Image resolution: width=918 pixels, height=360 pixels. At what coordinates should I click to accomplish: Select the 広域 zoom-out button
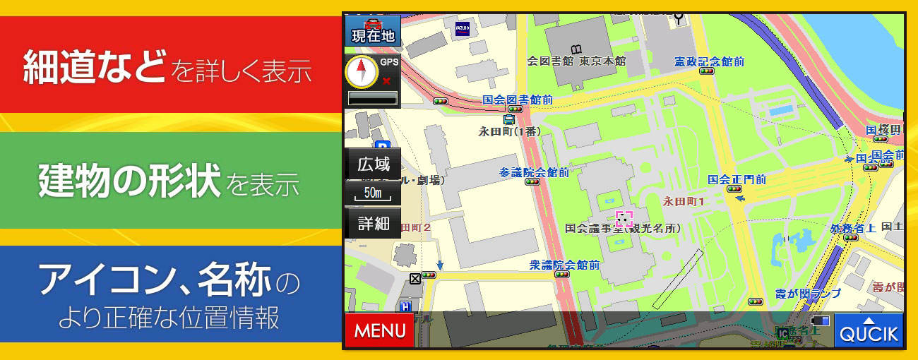click(373, 165)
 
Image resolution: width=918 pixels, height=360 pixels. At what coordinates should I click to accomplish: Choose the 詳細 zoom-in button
click(373, 224)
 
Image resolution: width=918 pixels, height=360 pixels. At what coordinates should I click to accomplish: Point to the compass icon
click(361, 73)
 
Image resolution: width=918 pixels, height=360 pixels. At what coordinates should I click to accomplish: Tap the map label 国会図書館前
click(518, 100)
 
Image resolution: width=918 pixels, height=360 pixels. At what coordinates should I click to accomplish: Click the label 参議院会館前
click(534, 172)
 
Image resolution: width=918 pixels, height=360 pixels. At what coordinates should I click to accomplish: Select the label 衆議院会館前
click(564, 265)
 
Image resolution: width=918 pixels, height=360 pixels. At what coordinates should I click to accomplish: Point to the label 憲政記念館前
click(708, 61)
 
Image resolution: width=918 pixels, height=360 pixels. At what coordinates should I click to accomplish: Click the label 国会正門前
click(737, 179)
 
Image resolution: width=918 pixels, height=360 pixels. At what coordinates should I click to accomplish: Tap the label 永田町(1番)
click(509, 131)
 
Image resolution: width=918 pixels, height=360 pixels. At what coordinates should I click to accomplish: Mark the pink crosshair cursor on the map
click(624, 218)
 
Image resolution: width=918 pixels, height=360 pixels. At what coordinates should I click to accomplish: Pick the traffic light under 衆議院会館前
click(562, 275)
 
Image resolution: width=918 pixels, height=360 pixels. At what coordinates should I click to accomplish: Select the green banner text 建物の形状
click(131, 181)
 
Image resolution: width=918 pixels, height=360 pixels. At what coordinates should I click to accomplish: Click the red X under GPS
click(386, 81)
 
